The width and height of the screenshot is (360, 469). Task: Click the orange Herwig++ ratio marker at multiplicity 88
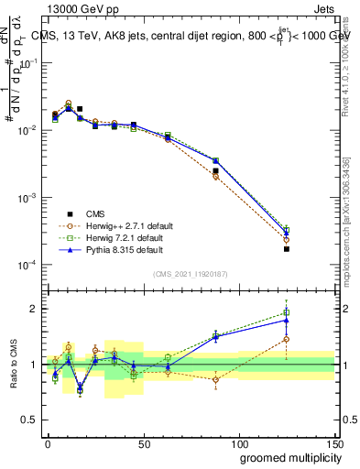click(x=216, y=379)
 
